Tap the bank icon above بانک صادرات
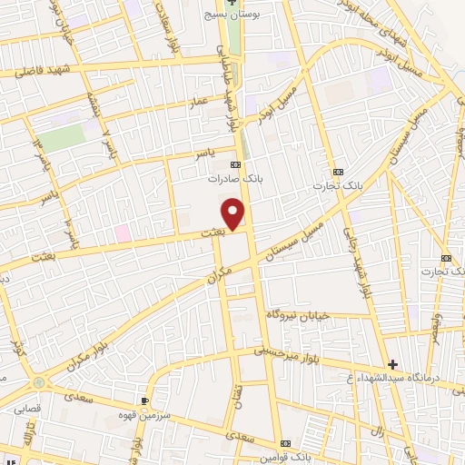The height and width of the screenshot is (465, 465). [x=236, y=164]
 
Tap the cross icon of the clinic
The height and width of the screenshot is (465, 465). [x=392, y=364]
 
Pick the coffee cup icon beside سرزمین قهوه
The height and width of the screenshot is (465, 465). [x=144, y=400]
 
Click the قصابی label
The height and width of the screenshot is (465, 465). [x=26, y=409]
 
